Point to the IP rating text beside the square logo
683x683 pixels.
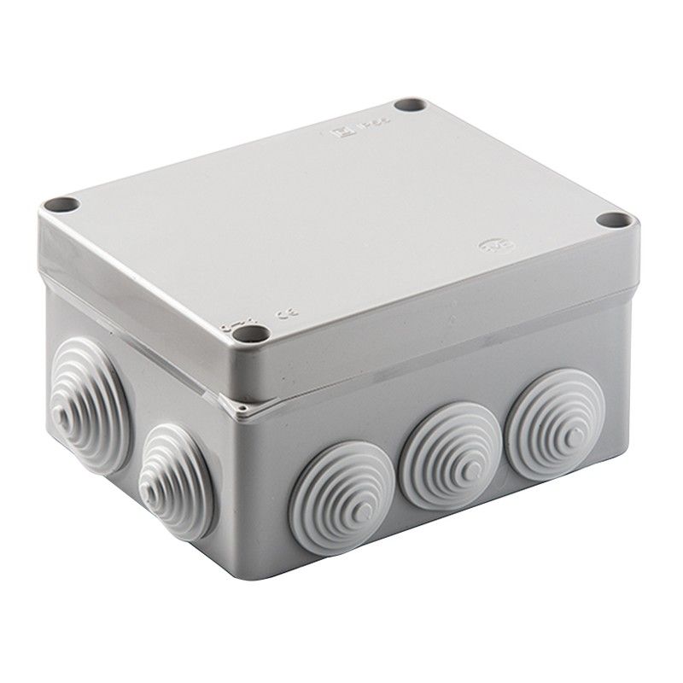coord(365,126)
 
